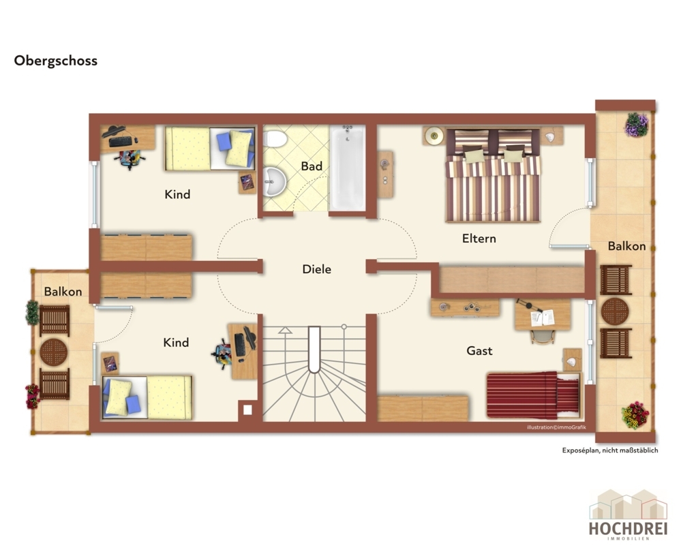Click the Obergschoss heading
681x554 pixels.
(56, 61)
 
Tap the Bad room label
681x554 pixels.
(312, 166)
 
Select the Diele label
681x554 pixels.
(316, 269)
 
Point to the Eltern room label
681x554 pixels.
(479, 238)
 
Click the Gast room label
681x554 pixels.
(479, 351)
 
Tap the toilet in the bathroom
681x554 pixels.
(275, 139)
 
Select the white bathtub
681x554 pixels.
(348, 168)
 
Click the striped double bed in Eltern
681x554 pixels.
(493, 174)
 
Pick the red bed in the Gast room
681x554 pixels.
(533, 395)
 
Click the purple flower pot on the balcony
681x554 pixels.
(637, 125)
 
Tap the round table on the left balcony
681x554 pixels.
(54, 352)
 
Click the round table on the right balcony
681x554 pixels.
(615, 311)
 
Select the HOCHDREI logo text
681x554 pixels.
(628, 528)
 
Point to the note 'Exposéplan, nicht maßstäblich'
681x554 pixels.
(610, 450)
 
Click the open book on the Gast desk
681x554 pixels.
(543, 318)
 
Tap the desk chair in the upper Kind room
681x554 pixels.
(130, 158)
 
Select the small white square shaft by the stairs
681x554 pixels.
(247, 410)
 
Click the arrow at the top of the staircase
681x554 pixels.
(285, 330)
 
